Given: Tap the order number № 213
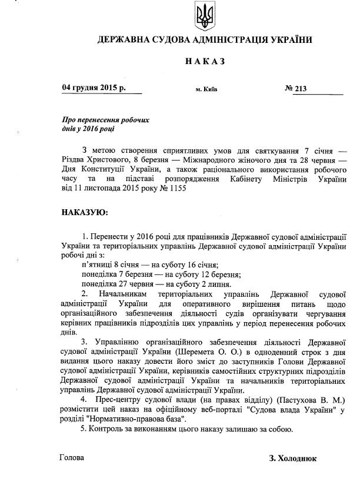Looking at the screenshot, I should click(x=296, y=89).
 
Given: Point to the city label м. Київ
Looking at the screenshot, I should click(x=206, y=90).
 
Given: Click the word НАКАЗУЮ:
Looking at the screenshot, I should click(x=85, y=210).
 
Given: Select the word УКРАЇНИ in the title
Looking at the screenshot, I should click(x=288, y=41).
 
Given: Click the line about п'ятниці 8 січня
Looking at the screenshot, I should click(x=150, y=265).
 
